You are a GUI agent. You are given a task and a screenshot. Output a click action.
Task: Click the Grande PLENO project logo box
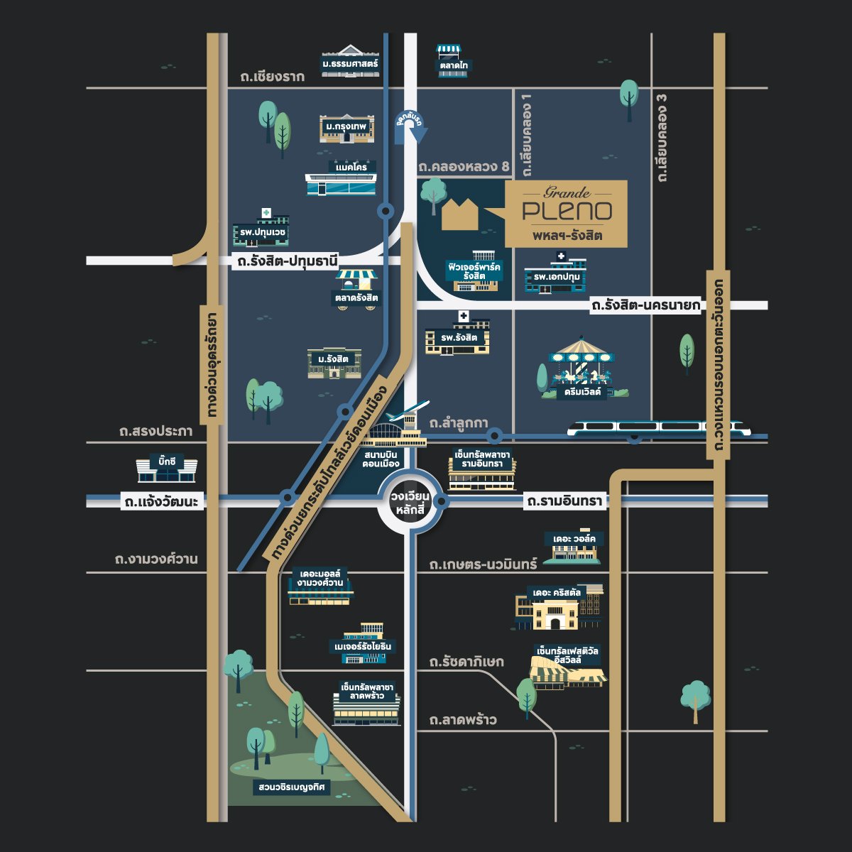pyautogui.click(x=566, y=214)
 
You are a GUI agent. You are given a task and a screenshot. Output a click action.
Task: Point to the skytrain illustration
pyautogui.click(x=659, y=428)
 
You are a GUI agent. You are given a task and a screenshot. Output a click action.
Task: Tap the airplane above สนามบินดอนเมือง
pyautogui.click(x=408, y=411)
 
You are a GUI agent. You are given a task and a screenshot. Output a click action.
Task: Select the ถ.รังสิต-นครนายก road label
pyautogui.click(x=646, y=305)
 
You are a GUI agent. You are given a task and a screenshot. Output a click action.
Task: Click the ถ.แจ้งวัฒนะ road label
pyautogui.click(x=161, y=502)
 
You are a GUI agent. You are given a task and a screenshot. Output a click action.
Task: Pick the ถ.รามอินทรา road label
pyautogui.click(x=564, y=501)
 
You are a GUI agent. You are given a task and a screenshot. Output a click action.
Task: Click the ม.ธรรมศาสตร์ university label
pyautogui.click(x=350, y=64)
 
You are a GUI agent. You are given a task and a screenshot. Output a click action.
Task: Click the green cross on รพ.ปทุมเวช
pyautogui.click(x=266, y=213)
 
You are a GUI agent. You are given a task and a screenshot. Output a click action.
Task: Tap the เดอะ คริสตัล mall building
pyautogui.click(x=559, y=607)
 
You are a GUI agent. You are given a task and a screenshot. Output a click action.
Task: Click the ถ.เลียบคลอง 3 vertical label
pyautogui.click(x=662, y=138)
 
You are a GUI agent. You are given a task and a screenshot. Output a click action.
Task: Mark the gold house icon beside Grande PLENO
pyautogui.click(x=460, y=214)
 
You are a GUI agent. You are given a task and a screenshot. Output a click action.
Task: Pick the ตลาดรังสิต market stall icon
pyautogui.click(x=356, y=290)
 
